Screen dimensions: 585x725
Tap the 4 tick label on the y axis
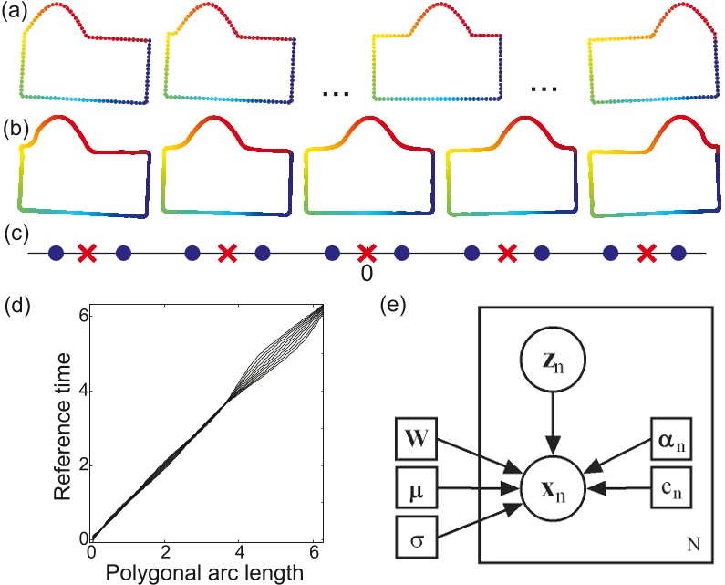80,391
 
